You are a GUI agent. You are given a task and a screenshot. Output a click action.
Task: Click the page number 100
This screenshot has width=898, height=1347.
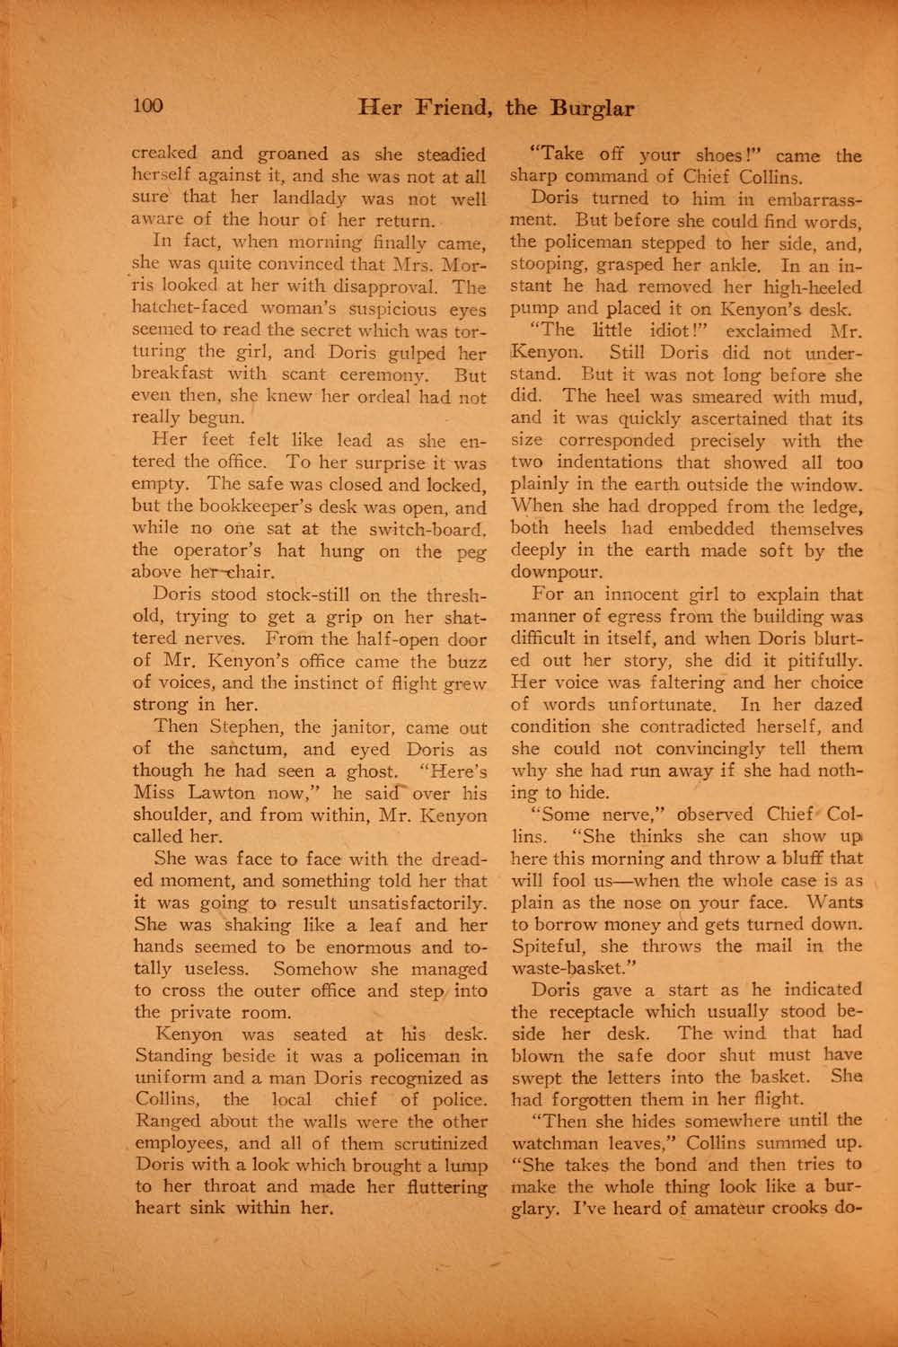point(148,107)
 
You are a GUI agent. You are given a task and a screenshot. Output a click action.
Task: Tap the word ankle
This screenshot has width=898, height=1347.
point(733,265)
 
